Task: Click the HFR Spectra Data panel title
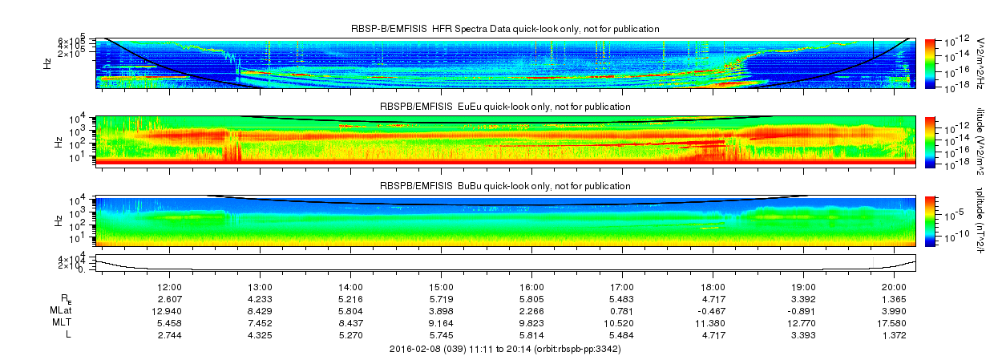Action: (x=505, y=29)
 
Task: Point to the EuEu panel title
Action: (x=505, y=107)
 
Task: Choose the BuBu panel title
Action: (x=505, y=185)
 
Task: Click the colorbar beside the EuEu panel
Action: (x=930, y=140)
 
